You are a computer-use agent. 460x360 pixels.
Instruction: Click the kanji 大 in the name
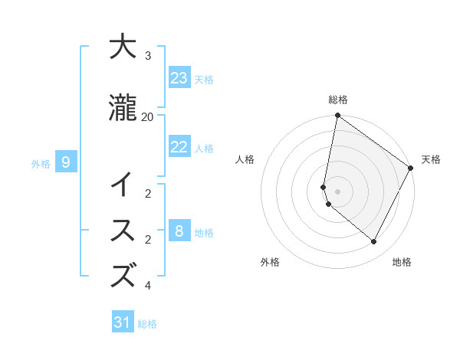[123, 47]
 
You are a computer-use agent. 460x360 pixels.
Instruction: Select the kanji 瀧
[123, 108]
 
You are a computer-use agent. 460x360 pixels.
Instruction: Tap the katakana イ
[123, 185]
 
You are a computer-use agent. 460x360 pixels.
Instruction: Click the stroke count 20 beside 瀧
[148, 116]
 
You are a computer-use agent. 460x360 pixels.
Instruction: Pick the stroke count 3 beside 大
[148, 56]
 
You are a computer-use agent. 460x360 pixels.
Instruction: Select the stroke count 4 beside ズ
[148, 286]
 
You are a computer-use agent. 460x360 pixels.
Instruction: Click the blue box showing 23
[179, 77]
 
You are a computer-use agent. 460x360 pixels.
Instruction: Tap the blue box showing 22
[179, 147]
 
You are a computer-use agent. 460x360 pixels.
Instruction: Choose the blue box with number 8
[179, 231]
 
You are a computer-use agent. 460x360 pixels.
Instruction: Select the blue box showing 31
[123, 322]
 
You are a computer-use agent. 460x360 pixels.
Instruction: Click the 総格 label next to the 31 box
[147, 324]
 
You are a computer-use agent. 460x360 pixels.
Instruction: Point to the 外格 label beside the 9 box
[41, 163]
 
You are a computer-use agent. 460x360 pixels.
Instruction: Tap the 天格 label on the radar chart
[431, 159]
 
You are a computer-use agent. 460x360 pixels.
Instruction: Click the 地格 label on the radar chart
[402, 262]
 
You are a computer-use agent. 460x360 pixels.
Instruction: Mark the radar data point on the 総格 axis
[337, 116]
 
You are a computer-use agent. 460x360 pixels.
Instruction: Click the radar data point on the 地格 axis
[374, 242]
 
